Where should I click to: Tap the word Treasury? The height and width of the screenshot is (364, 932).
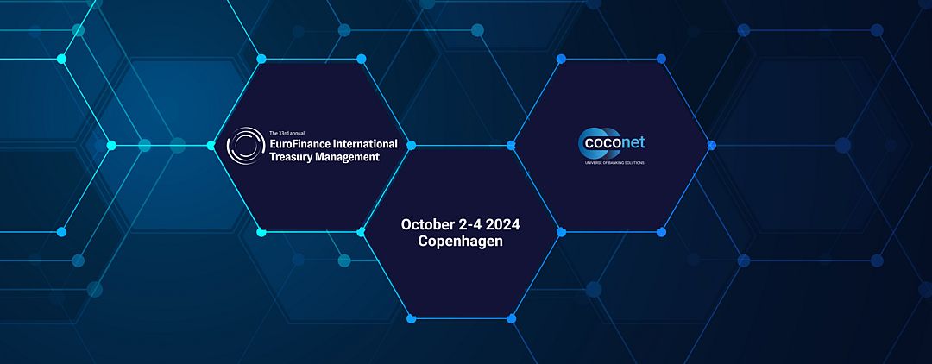click(290, 157)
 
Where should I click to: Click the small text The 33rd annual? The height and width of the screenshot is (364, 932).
click(287, 133)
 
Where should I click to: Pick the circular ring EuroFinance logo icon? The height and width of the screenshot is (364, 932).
click(246, 146)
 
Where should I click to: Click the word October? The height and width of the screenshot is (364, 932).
click(426, 224)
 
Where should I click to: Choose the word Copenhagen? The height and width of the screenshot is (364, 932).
click(461, 242)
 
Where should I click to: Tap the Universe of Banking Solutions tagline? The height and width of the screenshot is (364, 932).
click(612, 163)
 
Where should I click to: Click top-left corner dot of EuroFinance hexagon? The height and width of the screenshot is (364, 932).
click(261, 59)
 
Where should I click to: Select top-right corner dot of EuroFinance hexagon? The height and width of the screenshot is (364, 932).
click(361, 59)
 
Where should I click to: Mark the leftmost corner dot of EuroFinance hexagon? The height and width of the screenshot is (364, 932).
click(211, 146)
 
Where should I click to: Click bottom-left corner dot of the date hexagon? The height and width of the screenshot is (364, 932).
click(412, 319)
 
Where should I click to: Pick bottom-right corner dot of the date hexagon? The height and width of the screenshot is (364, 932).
click(511, 319)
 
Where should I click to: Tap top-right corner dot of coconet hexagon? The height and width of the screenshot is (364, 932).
click(661, 59)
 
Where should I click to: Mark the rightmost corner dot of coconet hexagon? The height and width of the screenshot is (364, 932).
click(711, 146)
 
